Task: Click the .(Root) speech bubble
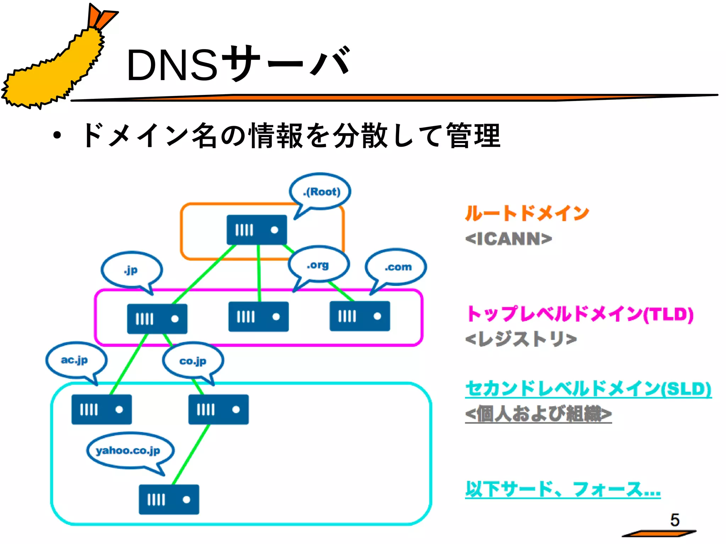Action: (x=320, y=192)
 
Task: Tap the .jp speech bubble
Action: (x=132, y=270)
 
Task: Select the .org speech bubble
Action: (x=318, y=265)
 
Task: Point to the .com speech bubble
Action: (x=396, y=267)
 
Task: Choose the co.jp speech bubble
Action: (x=193, y=361)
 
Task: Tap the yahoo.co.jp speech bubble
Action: (x=129, y=450)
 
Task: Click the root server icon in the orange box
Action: (x=257, y=230)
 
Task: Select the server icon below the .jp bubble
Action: (x=157, y=319)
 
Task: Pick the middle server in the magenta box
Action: (x=258, y=317)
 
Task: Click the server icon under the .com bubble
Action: (x=359, y=316)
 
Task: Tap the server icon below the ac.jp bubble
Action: (x=101, y=409)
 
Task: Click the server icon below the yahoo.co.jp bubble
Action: (x=169, y=499)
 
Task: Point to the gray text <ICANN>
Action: (x=508, y=239)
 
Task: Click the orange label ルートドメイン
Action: (x=527, y=214)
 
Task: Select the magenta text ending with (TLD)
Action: (x=580, y=314)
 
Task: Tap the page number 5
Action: (x=675, y=520)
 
